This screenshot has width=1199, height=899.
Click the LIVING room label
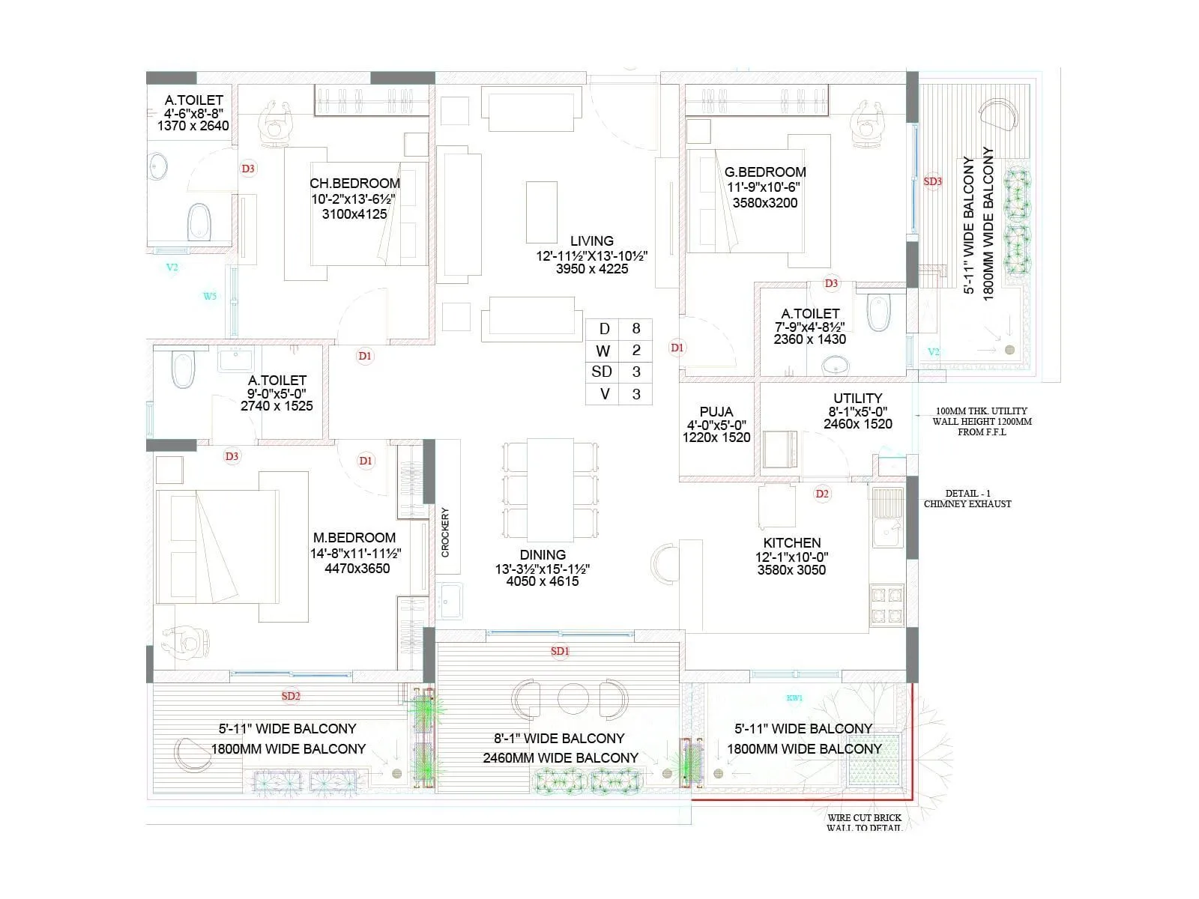click(591, 241)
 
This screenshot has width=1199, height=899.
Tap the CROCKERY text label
click(445, 533)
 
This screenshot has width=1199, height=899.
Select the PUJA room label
click(716, 411)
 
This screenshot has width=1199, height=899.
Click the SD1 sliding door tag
click(560, 651)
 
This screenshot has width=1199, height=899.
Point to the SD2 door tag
click(291, 696)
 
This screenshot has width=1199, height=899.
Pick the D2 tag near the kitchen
click(822, 494)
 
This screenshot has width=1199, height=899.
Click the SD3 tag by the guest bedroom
click(932, 181)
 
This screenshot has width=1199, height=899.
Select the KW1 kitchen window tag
click(794, 697)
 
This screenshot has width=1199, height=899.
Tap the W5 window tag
click(210, 297)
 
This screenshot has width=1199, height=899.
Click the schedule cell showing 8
click(636, 329)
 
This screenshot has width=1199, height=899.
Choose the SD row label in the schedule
click(602, 372)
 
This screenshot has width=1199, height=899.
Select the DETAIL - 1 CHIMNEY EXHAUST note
click(967, 499)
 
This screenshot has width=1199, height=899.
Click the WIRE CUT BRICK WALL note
click(864, 823)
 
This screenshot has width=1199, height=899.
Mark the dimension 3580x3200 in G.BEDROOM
click(765, 203)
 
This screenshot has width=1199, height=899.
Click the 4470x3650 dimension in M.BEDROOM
click(357, 569)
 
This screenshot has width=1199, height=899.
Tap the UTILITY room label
click(857, 398)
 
